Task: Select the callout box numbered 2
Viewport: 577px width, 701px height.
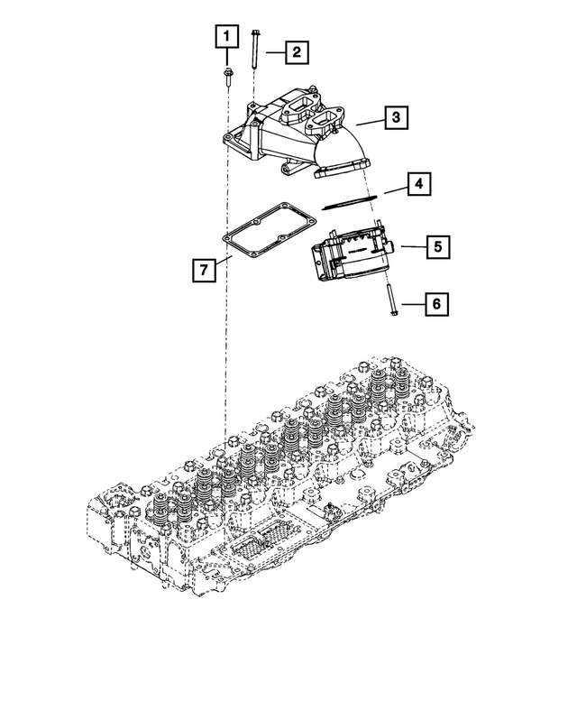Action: (295, 51)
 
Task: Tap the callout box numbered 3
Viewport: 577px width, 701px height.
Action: (395, 117)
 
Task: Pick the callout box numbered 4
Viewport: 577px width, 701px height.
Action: (417, 186)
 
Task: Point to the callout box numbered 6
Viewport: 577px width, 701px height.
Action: (435, 305)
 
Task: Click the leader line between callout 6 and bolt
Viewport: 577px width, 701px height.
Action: (410, 305)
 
